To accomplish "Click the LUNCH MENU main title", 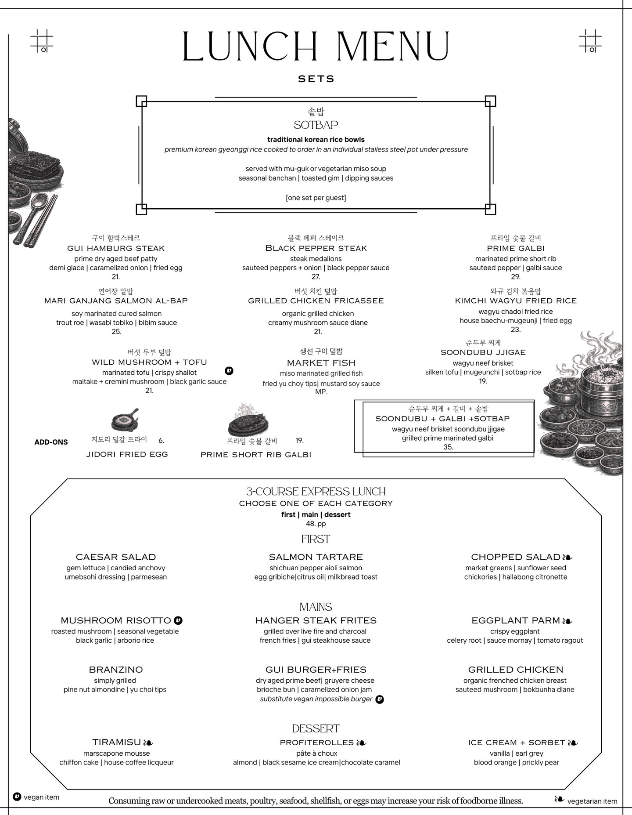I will (x=316, y=46).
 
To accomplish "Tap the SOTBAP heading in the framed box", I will (x=316, y=125).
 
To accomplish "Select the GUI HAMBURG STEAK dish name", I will (x=116, y=248).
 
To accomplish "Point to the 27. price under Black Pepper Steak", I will (x=316, y=277).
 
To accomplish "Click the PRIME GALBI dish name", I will (x=516, y=248).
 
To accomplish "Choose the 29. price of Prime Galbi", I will (x=516, y=277).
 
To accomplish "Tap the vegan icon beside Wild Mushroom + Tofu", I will (x=229, y=371).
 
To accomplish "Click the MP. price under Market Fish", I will (x=321, y=392).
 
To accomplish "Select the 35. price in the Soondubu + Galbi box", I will (x=448, y=447).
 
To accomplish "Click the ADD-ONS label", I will (x=51, y=442).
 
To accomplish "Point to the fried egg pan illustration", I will (x=125, y=421).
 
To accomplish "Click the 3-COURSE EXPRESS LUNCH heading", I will (x=316, y=492).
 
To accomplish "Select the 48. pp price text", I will (x=316, y=524).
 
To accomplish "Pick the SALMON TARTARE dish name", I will (x=316, y=557).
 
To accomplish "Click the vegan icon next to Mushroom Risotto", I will (x=178, y=620).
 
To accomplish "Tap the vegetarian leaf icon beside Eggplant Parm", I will (x=567, y=621).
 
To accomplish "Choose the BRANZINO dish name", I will (x=116, y=670).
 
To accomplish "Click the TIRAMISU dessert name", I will (x=117, y=742).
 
